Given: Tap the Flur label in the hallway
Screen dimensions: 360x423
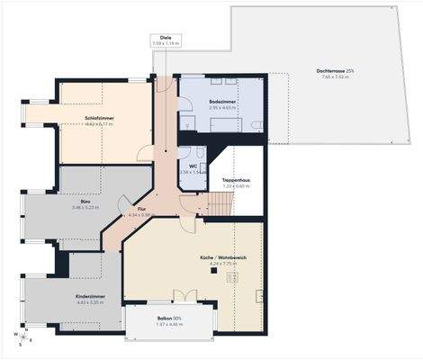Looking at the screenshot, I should pyautogui.click(x=133, y=209).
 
